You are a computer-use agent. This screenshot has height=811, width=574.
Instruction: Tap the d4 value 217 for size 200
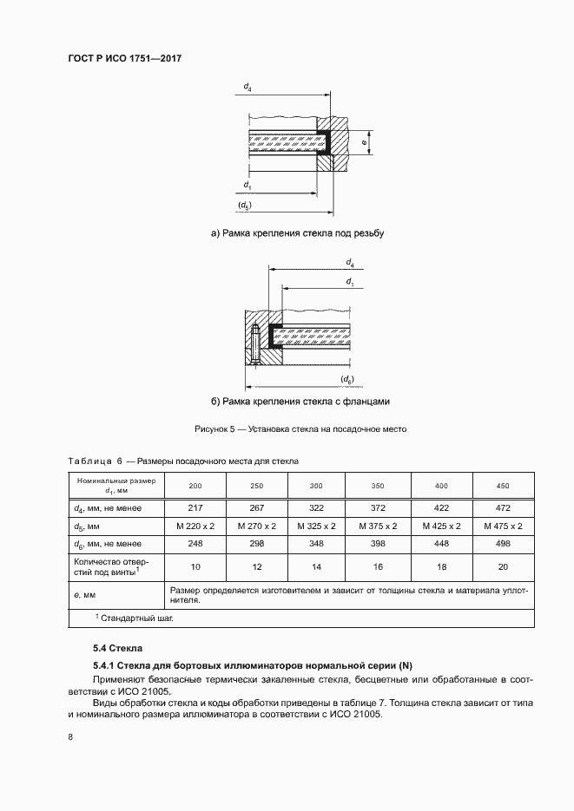point(195,507)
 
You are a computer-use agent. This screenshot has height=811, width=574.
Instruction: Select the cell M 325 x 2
point(315,526)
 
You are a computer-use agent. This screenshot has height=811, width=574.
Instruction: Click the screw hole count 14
point(315,566)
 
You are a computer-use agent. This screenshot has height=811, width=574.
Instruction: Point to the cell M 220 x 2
point(195,526)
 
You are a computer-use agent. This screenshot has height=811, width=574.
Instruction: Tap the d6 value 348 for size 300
point(315,544)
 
